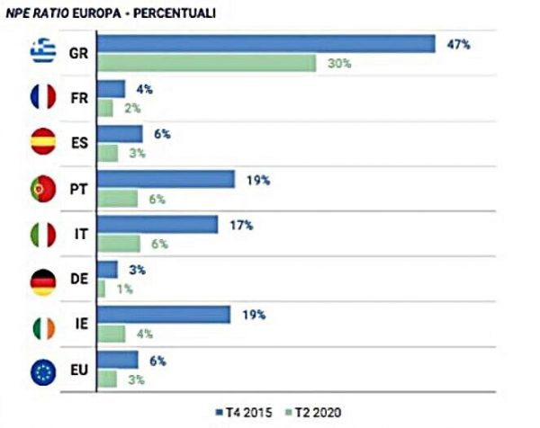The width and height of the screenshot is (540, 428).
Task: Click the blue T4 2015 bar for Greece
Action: [265, 43]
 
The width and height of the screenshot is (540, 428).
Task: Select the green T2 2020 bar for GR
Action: [206, 63]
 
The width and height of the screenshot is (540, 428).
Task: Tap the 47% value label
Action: [458, 42]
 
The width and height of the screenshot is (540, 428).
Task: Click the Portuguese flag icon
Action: [41, 188]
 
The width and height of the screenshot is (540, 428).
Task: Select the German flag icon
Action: [41, 280]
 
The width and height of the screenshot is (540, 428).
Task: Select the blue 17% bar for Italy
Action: [157, 224]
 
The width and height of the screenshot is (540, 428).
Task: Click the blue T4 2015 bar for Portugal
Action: [166, 179]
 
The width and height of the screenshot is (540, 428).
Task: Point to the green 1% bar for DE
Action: [101, 289]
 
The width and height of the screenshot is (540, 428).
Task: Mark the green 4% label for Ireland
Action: [142, 334]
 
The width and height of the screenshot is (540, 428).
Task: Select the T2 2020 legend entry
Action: [315, 411]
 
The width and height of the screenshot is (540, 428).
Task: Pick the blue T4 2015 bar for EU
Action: [117, 360]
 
